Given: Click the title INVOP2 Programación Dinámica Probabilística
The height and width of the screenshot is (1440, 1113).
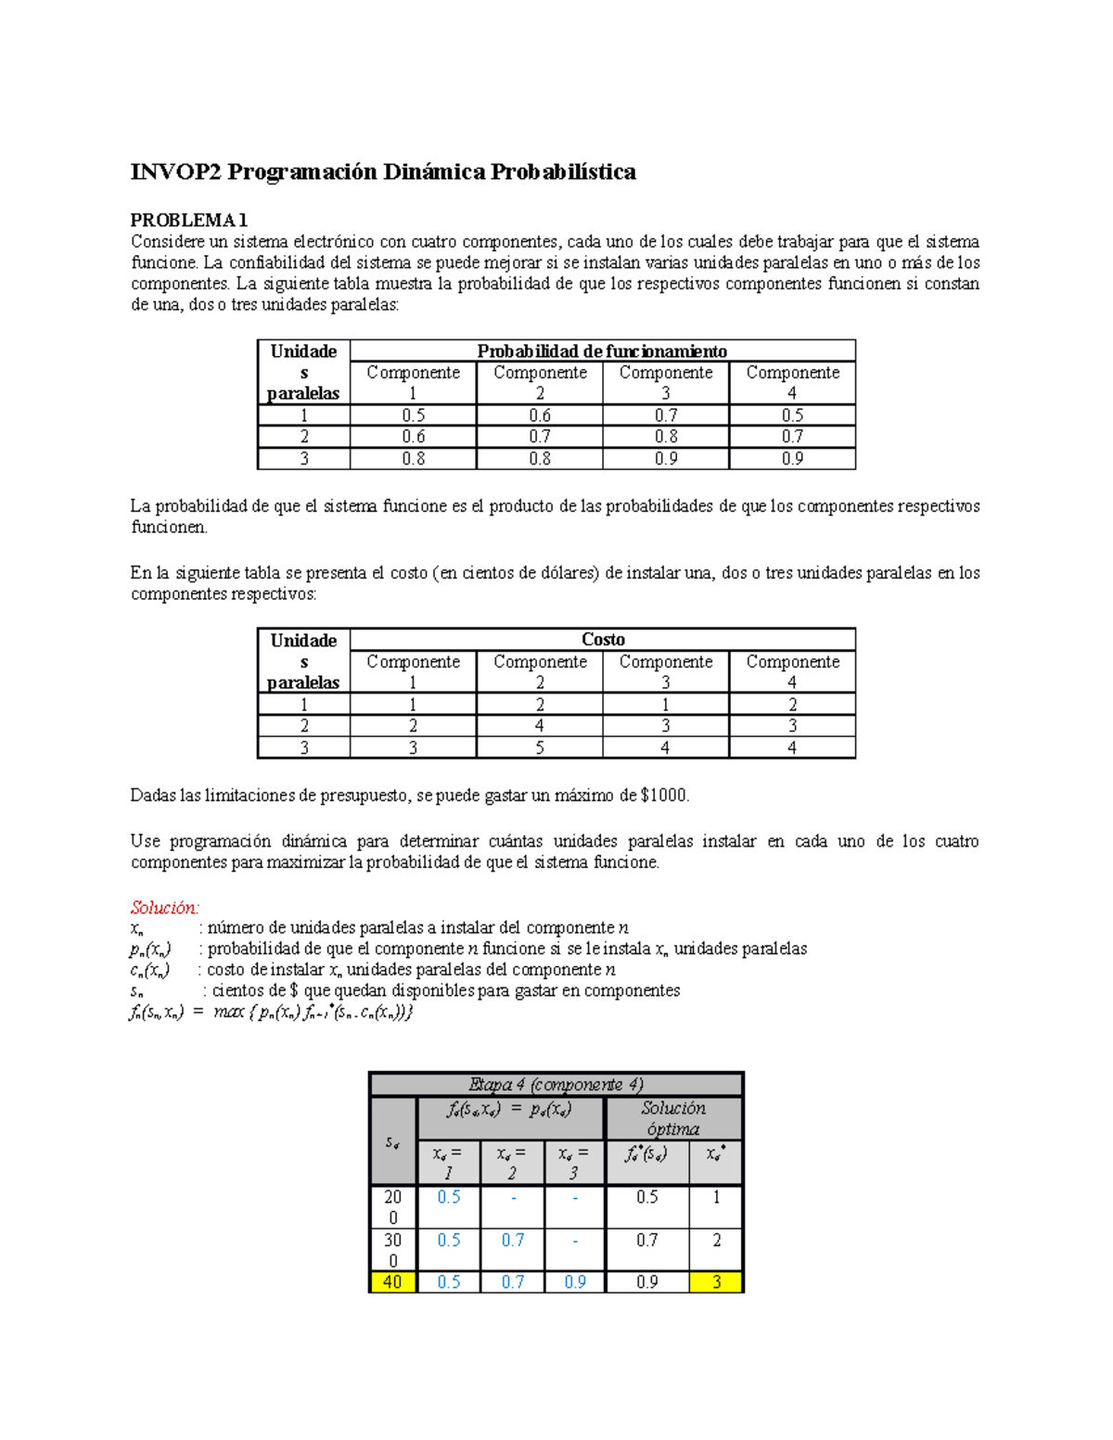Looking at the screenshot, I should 382,172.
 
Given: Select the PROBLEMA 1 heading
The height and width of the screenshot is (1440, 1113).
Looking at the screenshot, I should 188,220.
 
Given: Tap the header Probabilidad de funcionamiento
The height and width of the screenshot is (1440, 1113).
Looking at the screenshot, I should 602,350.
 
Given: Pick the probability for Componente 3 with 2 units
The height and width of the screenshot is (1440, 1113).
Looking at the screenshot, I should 666,437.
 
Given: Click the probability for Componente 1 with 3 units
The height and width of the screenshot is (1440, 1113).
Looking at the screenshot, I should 413,459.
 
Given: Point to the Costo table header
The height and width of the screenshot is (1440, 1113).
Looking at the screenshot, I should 602,640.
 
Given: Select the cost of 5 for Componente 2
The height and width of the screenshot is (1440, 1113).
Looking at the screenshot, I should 540,747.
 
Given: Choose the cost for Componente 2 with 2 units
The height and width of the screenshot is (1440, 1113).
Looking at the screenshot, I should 540,726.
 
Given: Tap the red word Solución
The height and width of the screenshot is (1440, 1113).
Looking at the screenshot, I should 164,908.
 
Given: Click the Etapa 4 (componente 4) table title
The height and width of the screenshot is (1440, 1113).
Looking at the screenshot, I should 556,1085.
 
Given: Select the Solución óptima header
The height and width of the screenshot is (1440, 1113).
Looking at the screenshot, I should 673,1118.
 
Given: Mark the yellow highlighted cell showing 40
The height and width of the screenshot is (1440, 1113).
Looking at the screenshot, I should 393,1282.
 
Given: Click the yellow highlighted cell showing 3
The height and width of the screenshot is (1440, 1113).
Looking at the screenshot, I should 716,1282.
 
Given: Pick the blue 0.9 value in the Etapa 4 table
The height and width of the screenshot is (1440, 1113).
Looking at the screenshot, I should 575,1282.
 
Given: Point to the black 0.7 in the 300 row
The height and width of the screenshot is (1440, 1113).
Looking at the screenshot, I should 646,1241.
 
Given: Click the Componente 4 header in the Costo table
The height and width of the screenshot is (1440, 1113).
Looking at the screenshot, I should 792,671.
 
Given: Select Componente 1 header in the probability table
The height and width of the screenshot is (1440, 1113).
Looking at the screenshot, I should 413,382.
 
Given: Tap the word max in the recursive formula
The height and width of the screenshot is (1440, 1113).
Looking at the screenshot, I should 228,1012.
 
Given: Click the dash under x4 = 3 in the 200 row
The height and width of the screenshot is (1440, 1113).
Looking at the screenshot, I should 575,1198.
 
